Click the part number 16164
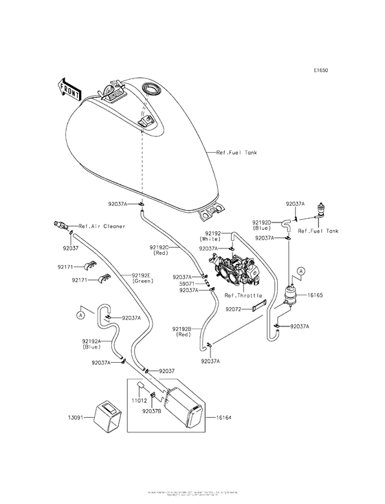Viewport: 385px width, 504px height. click(225, 417)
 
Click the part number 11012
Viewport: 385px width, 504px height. click(140, 399)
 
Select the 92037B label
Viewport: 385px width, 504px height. click(153, 411)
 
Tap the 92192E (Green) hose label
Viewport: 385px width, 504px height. click(142, 277)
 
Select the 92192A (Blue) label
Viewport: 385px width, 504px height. click(91, 344)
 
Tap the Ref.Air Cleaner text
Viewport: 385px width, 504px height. click(102, 226)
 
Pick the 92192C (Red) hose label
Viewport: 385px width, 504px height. click(163, 250)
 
